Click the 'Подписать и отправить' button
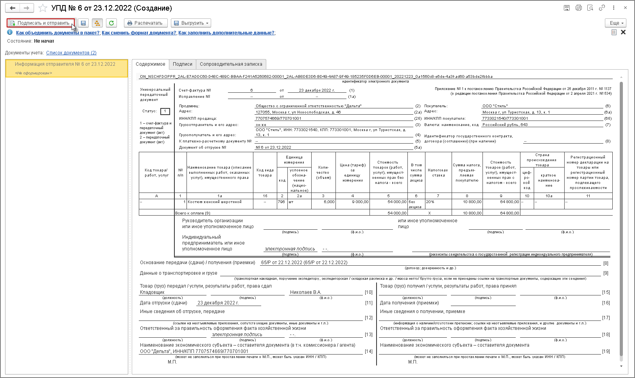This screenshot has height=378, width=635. (40, 23)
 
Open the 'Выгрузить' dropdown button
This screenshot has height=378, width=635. (192, 23)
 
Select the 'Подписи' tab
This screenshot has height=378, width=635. (183, 64)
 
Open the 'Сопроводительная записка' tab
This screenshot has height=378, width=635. (231, 64)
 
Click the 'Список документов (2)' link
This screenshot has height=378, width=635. (71, 53)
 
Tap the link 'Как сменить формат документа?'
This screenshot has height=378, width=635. (139, 33)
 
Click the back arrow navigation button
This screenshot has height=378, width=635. (13, 8)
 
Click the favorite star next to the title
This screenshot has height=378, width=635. (43, 8)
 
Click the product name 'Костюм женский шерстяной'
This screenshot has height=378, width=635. (215, 202)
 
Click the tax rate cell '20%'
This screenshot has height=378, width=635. (430, 202)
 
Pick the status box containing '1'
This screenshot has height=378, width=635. (165, 112)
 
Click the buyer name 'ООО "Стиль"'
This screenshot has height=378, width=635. (495, 106)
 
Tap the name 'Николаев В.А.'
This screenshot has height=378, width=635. (305, 292)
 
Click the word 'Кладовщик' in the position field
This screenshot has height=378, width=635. (152, 292)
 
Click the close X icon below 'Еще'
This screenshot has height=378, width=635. (623, 32)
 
